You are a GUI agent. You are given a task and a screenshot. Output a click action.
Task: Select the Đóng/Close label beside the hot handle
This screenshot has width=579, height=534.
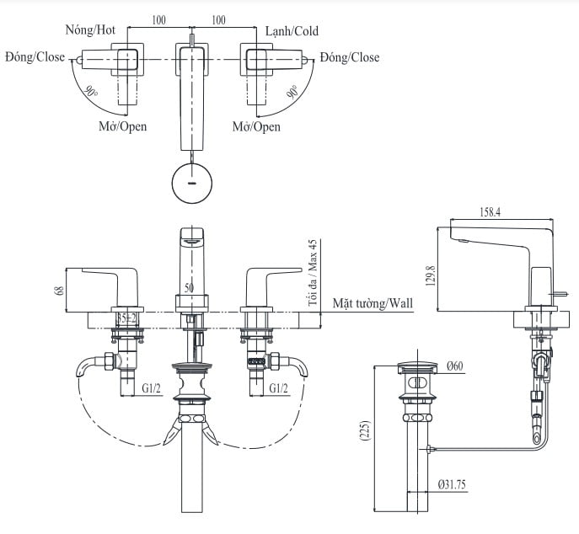coord(34,58)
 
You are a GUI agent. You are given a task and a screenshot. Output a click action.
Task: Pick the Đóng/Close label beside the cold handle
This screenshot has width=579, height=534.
coord(349,58)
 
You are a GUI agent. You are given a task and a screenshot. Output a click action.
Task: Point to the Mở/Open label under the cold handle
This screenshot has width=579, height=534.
coord(256,126)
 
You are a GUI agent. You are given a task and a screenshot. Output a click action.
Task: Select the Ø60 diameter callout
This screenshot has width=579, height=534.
coord(455,365)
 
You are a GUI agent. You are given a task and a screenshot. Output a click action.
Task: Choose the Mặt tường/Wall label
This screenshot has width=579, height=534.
coord(373,302)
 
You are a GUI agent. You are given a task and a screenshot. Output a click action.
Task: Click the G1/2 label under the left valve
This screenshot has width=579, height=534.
coord(152,388)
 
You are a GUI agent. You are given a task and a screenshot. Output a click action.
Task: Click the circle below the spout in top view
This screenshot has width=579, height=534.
coord(192,182)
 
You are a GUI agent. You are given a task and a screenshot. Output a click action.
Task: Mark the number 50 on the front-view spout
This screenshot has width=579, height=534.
coord(190,287)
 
